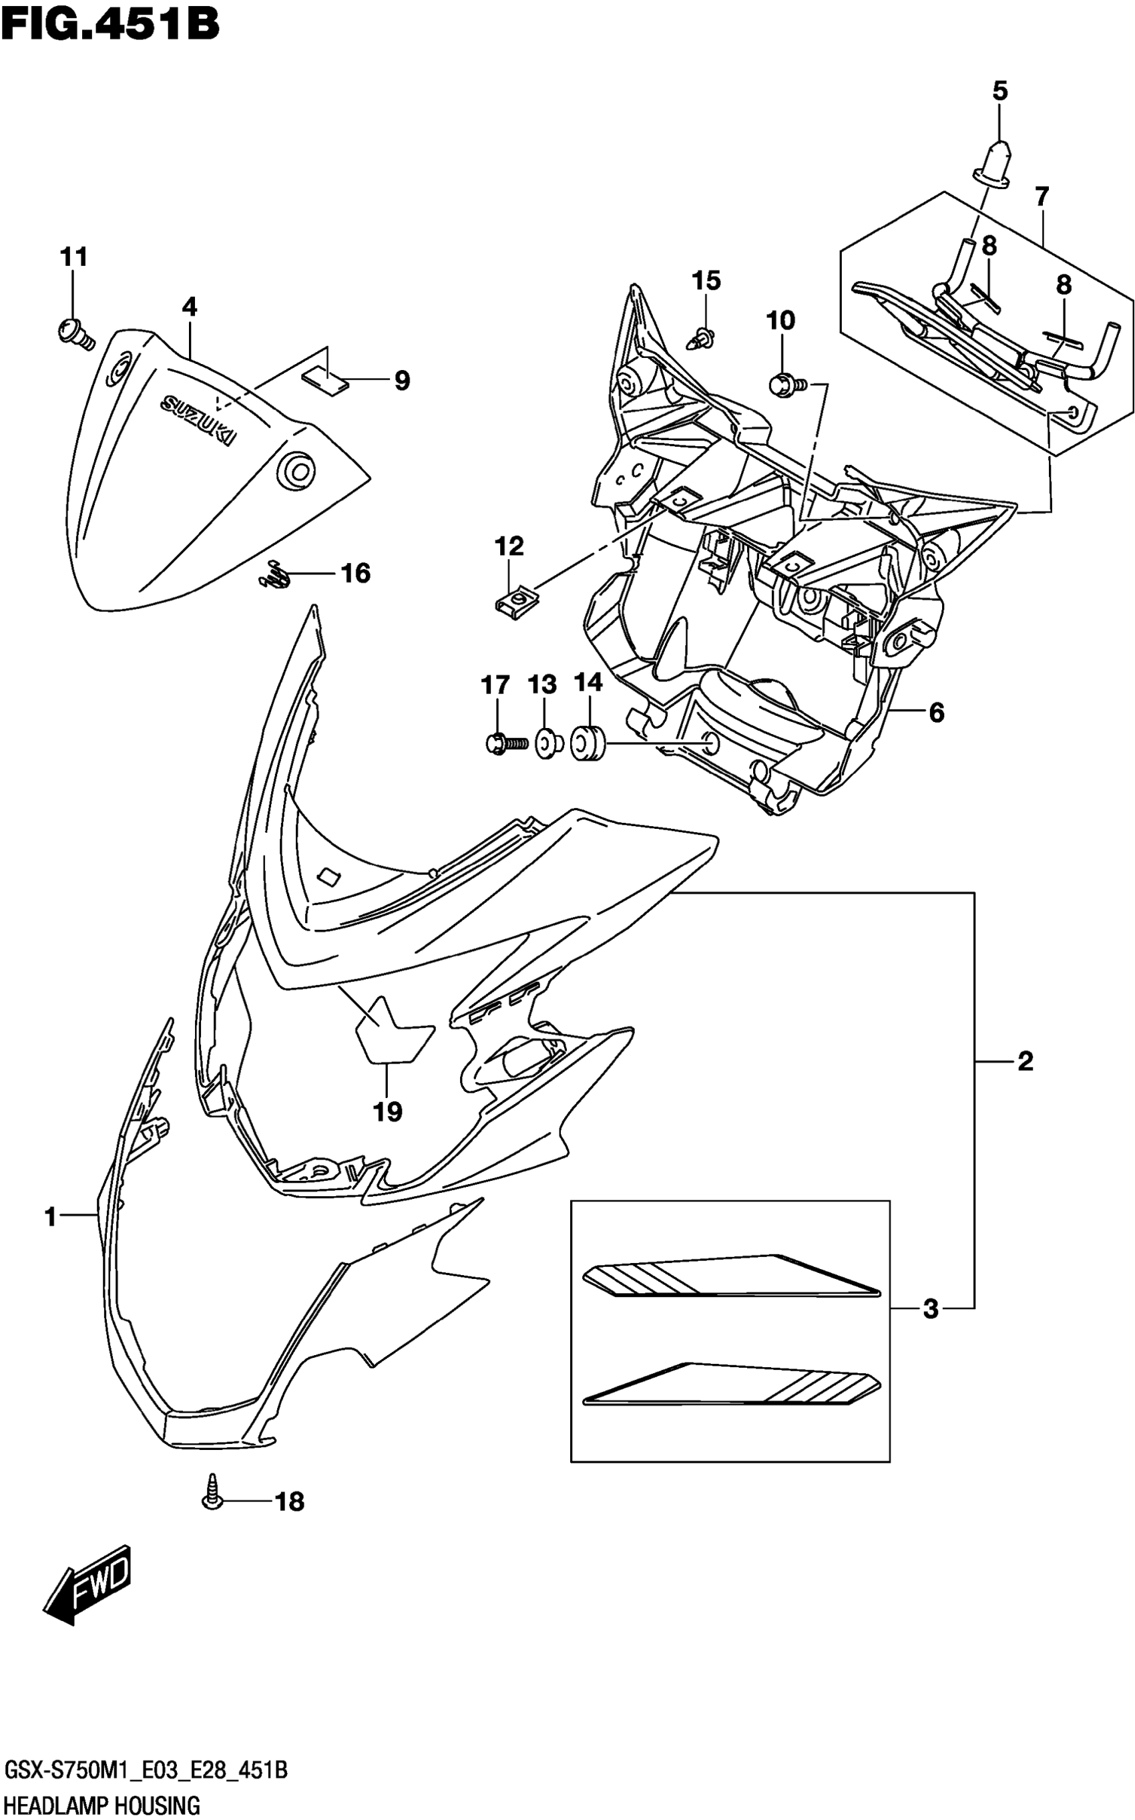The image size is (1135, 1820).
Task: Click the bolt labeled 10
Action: coord(785,385)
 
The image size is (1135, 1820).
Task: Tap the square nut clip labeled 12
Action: coord(513,601)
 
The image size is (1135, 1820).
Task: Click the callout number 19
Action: coord(388,1111)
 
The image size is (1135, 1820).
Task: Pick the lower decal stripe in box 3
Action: coord(732,1385)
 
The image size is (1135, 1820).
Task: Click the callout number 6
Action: coord(937,712)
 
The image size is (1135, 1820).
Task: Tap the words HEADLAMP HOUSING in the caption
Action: coord(102,1802)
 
